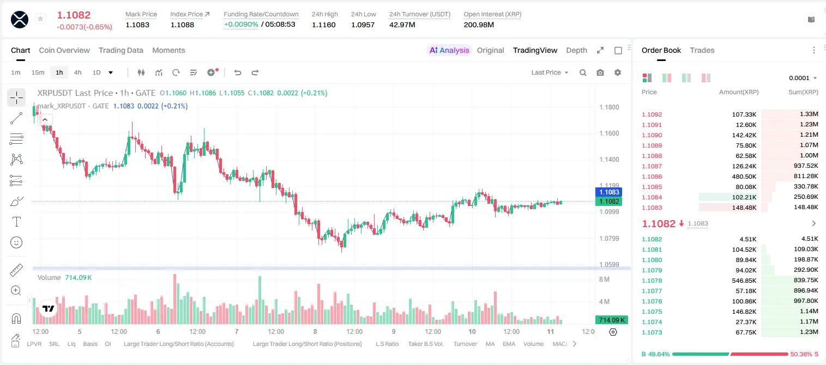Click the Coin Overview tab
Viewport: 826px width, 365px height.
click(64, 50)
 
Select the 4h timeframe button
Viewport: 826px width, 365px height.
click(77, 72)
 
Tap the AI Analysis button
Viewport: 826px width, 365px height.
click(449, 50)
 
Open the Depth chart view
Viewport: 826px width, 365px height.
click(576, 50)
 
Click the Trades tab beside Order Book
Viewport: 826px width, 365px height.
click(702, 50)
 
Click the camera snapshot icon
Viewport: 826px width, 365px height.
click(600, 72)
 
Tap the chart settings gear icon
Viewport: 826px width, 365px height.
click(618, 72)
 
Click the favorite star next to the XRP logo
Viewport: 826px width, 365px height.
click(40, 19)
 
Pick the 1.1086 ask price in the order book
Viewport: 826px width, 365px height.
click(652, 177)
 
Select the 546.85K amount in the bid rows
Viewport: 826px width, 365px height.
click(744, 281)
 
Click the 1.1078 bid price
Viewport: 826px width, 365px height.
click(652, 281)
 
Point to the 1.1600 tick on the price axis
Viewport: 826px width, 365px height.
click(609, 133)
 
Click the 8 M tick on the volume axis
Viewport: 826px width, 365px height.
click(605, 279)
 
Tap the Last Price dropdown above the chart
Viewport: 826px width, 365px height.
click(550, 72)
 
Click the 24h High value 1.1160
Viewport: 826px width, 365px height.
click(324, 25)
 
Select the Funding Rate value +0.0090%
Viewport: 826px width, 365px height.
click(241, 25)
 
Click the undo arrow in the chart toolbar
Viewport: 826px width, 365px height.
click(238, 72)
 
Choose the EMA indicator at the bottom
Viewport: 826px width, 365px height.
click(509, 344)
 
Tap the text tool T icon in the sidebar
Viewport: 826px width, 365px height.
click(16, 222)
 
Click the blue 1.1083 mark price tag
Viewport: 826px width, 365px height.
click(609, 192)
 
